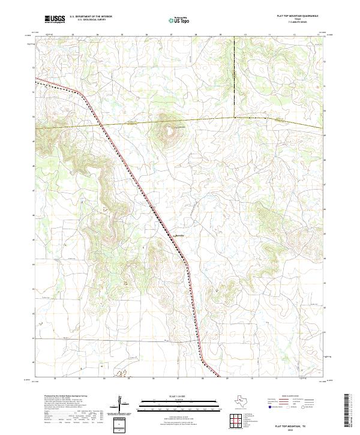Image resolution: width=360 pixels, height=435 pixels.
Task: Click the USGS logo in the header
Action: (x=55, y=20)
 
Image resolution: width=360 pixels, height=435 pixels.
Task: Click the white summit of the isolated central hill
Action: (x=170, y=128)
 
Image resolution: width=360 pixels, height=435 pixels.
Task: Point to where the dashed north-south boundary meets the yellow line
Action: (x=233, y=117)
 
